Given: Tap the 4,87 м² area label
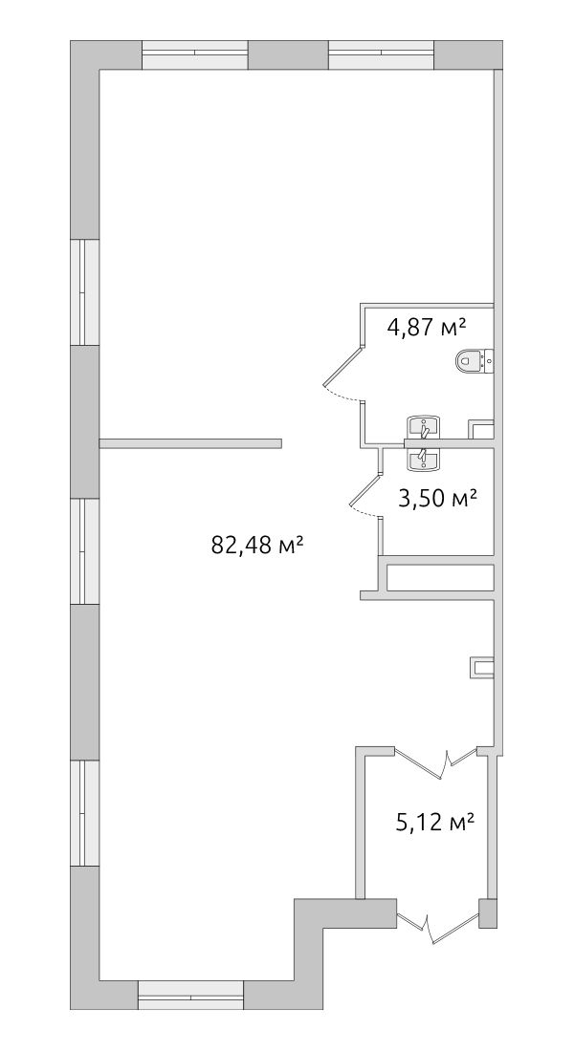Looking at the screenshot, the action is (427, 328).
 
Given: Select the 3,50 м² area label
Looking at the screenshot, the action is (437, 499).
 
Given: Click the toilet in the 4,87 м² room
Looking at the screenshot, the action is (475, 361).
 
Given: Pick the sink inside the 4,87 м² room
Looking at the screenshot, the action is (423, 427).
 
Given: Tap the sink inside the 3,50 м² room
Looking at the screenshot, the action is (423, 460).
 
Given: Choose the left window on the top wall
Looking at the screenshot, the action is (195, 55).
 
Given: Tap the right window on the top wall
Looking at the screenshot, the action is (382, 55).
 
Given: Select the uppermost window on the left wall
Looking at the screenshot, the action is (85, 291).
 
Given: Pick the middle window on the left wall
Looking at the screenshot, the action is (85, 551).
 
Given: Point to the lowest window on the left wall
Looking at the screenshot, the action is (85, 813).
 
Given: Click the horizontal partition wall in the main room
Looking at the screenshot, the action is (190, 443).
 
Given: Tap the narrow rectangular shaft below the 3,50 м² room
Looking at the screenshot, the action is (440, 578).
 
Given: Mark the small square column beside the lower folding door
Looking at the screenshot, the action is (488, 913).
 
